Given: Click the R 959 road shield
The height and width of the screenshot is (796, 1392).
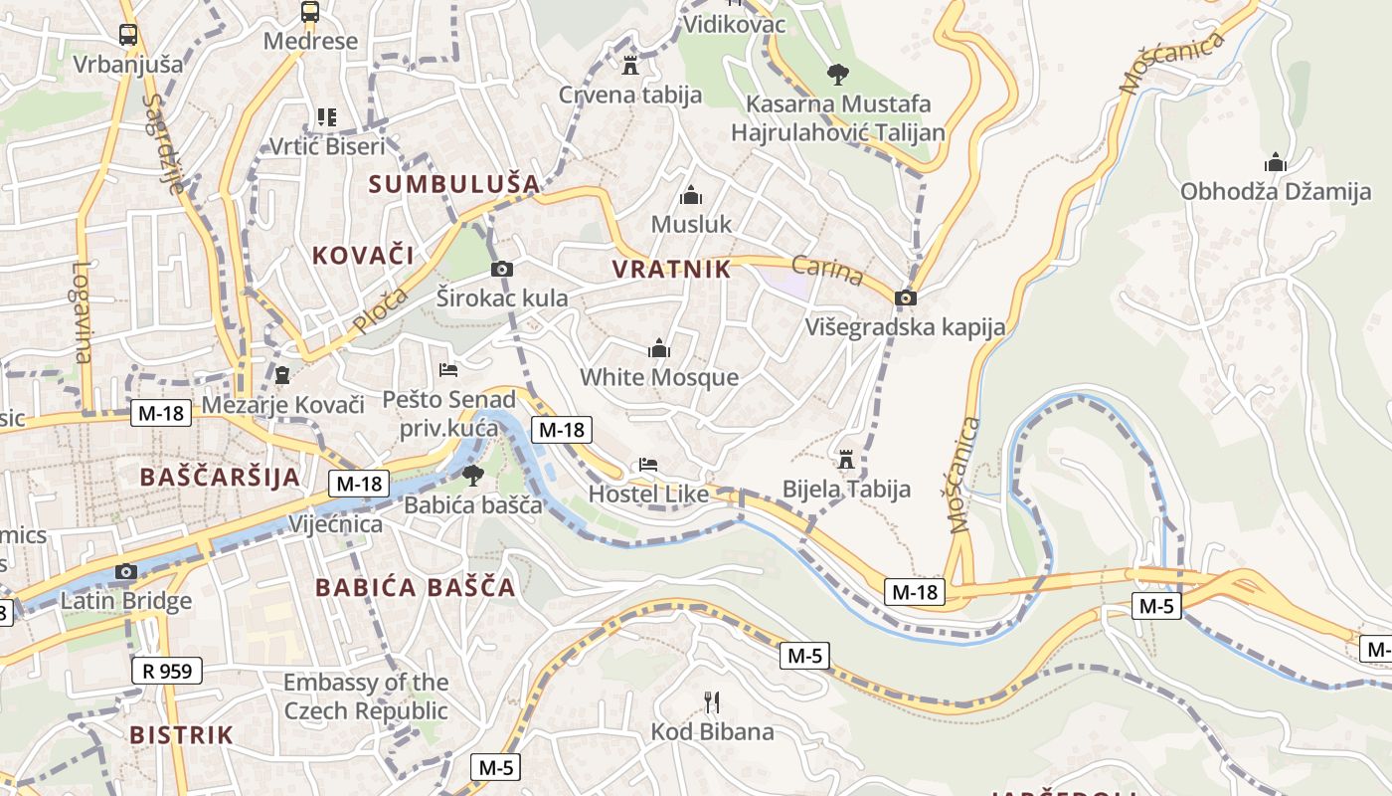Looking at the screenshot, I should point(167,671).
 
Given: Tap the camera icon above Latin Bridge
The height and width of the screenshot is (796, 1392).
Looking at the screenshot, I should point(125,571).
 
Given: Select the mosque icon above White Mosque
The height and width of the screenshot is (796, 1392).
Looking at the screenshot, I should point(658,348).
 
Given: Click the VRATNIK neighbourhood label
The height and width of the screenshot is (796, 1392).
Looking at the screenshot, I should point(671,269).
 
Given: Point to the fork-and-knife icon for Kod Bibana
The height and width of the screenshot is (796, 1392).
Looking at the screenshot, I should point(712,702).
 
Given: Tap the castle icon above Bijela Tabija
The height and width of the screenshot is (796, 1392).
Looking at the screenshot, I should point(846,459).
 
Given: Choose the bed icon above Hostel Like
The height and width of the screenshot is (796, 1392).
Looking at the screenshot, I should point(648,465).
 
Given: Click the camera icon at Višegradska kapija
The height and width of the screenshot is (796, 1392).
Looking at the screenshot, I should point(905,298).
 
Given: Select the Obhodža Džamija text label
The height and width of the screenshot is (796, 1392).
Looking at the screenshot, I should point(1276,192).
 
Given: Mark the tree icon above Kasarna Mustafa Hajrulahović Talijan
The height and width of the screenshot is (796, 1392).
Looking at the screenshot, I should point(838,74).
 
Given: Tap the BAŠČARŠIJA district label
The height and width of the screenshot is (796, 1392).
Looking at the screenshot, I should point(220,477).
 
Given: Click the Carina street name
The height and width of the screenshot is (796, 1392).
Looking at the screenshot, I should point(827,270).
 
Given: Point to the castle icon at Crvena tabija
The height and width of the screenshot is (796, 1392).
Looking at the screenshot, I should point(629,66).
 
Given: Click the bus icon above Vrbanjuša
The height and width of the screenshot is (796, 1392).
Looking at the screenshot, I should point(128,35).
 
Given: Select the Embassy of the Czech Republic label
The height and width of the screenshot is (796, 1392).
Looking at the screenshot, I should point(366,696).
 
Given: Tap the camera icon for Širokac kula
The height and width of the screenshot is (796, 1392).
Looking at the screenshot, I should point(502,269).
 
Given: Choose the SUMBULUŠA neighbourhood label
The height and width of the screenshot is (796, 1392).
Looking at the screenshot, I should point(454,183).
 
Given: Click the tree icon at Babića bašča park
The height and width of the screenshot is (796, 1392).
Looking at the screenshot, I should point(472,476).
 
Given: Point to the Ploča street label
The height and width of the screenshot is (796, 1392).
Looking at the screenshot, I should point(380,310).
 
